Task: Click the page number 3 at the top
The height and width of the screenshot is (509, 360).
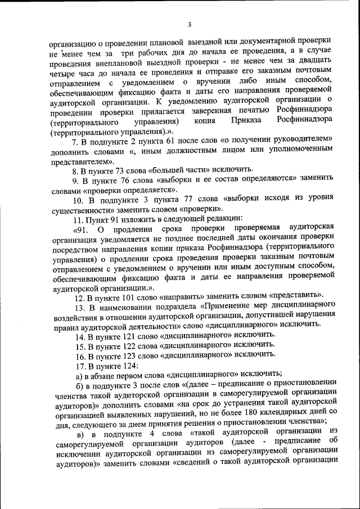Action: pyautogui.click(x=190, y=24)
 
